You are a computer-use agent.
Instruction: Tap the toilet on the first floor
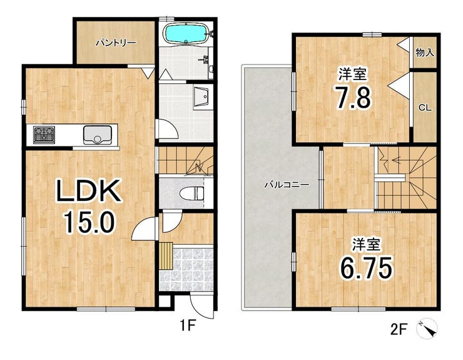(x=191, y=193)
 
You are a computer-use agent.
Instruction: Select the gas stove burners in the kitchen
(x=44, y=135)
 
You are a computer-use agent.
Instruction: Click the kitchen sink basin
(x=98, y=135)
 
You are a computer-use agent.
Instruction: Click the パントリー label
(x=116, y=43)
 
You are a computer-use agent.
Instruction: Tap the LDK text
(x=89, y=190)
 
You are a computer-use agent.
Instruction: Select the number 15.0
(x=89, y=222)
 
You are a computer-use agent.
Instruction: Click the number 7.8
(x=354, y=97)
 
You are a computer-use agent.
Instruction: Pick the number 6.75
(x=366, y=268)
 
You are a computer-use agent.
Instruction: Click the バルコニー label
(x=287, y=185)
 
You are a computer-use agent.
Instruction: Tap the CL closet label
(x=425, y=108)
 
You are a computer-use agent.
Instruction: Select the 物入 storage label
(x=425, y=53)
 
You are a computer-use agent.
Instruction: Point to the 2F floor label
(x=399, y=329)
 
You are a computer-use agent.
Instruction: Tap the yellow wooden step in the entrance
(x=166, y=256)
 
